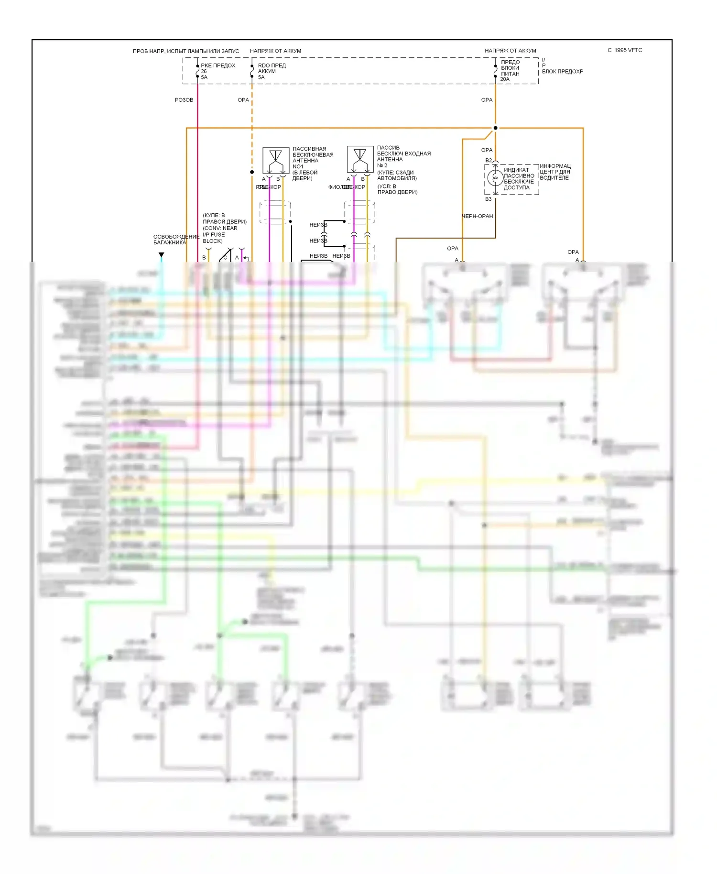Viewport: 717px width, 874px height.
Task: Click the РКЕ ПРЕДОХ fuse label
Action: [x=218, y=66]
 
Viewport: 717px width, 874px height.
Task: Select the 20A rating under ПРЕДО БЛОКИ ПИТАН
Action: [x=505, y=79]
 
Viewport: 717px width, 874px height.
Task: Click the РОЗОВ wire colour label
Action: [x=184, y=100]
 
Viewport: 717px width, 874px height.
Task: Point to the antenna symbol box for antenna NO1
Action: [x=276, y=160]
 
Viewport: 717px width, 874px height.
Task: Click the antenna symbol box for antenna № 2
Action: [x=360, y=159]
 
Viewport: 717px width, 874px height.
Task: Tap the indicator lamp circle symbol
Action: [x=496, y=178]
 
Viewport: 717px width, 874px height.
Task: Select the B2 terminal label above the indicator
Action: [x=489, y=161]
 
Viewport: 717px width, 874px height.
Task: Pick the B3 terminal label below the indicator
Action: [x=488, y=199]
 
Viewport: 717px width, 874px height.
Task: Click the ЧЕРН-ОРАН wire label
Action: [x=477, y=216]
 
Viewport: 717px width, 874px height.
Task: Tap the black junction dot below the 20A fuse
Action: [x=495, y=128]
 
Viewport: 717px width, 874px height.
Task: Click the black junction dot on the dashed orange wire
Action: [x=252, y=172]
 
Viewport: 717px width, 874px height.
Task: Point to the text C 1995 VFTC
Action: [x=625, y=50]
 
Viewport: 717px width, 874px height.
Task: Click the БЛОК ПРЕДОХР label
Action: [x=562, y=72]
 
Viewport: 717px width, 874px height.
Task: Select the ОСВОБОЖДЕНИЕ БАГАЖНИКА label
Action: [x=176, y=240]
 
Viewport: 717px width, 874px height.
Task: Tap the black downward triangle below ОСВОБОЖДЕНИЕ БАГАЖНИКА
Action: [x=162, y=255]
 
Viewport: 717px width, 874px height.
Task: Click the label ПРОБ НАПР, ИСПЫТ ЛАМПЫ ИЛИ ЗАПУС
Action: [x=186, y=51]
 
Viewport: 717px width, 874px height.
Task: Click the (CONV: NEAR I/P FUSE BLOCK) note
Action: [x=219, y=234]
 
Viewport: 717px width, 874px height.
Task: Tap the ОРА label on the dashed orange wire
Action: [x=243, y=100]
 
